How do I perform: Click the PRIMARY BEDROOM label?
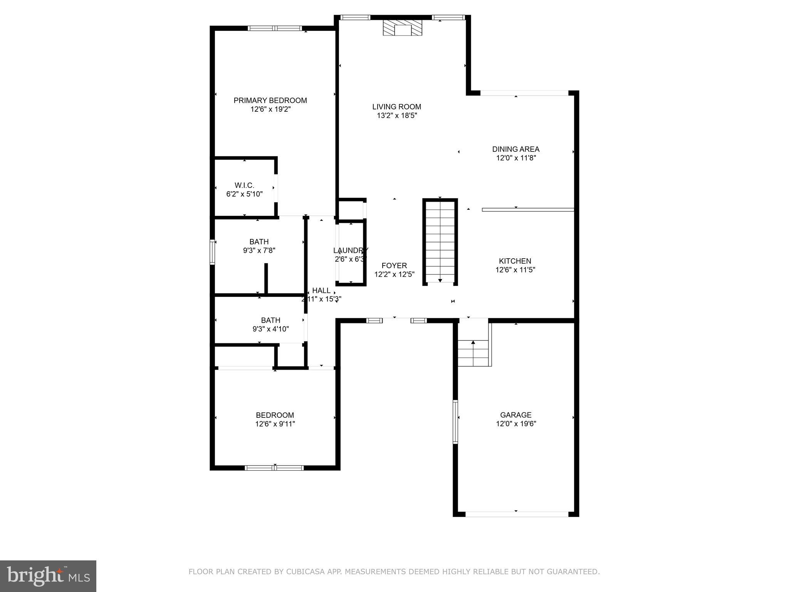coord(270,101)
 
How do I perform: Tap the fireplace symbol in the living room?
coord(403,28)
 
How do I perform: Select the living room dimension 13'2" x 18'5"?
coord(397,115)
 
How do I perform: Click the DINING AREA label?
coord(515,149)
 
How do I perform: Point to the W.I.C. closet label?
coord(244,185)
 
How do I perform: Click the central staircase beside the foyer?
coord(440,242)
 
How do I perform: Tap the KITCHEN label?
coord(515,261)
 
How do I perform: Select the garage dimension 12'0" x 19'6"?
coord(516,424)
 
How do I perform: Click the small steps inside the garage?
coord(473,353)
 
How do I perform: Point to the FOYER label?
coord(394,266)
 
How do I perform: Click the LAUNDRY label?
coord(351,250)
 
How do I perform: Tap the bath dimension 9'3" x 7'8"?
coord(259,251)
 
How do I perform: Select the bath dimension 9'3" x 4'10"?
coord(270,329)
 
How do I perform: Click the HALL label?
coord(321,291)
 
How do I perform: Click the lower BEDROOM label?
coord(275,415)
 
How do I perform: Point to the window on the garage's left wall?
coord(455,422)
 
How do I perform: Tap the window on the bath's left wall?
coord(212,252)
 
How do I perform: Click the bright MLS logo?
coord(48,576)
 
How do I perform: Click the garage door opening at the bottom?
coord(516,514)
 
